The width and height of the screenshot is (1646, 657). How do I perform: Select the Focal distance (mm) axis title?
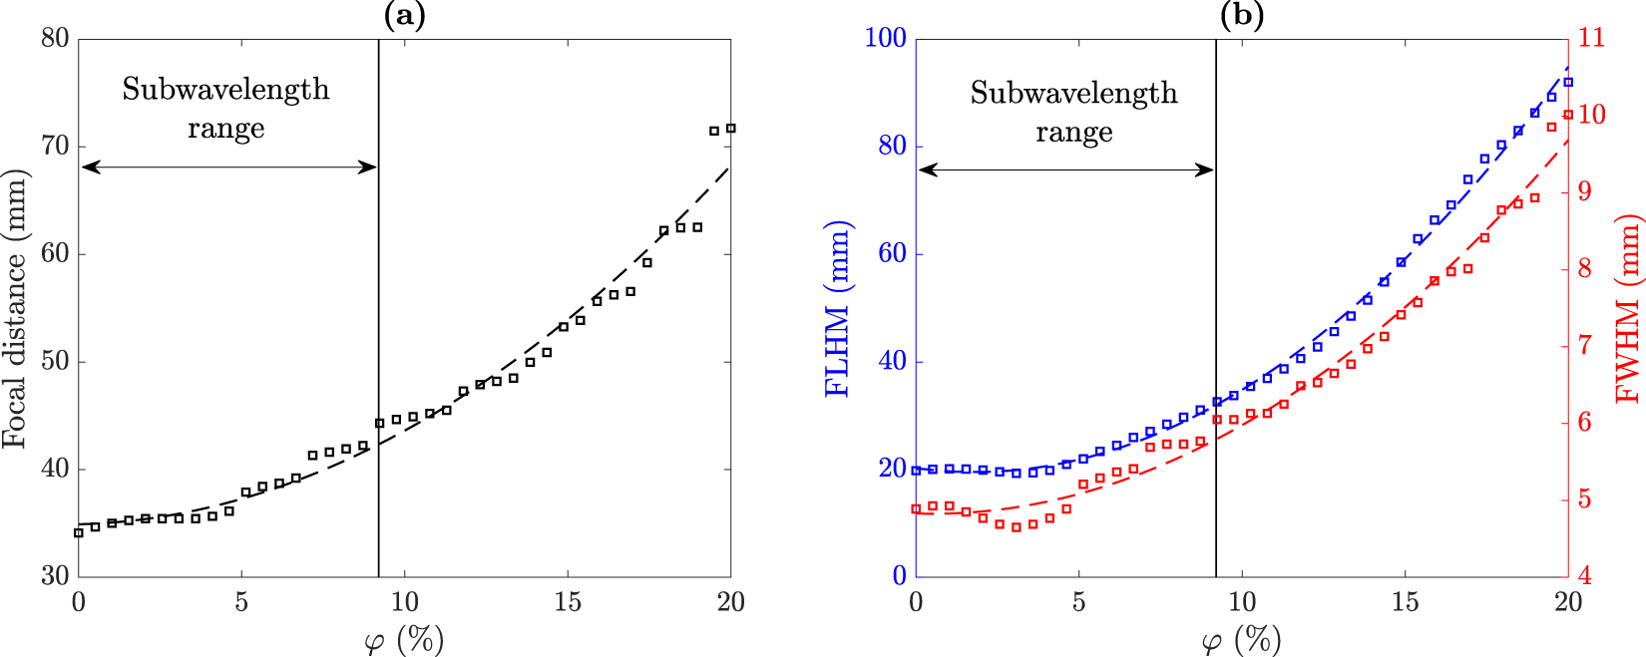click(x=14, y=308)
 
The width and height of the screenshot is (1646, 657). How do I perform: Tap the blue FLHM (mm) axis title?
click(x=838, y=308)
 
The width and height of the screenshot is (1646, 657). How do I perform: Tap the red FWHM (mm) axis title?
click(x=1628, y=308)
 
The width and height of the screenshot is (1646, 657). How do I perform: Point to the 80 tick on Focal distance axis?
click(x=55, y=38)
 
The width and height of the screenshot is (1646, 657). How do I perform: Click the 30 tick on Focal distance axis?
click(x=55, y=576)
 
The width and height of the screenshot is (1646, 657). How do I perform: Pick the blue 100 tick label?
click(x=885, y=38)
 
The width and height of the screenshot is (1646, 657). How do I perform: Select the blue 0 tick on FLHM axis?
click(x=899, y=576)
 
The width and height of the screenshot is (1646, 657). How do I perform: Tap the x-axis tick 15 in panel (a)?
click(x=568, y=602)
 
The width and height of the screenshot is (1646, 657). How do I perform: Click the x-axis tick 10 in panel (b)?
click(x=1242, y=602)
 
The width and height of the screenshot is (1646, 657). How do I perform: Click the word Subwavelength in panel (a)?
click(x=225, y=90)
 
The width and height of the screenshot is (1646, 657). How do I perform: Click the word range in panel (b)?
click(x=1073, y=133)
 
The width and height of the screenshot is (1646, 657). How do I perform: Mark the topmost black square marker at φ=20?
click(x=730, y=129)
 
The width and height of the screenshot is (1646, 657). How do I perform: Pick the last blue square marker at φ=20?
click(x=1568, y=83)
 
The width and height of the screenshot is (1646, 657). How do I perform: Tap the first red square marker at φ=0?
click(x=916, y=509)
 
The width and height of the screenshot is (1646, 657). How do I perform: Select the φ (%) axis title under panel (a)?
click(x=404, y=639)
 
